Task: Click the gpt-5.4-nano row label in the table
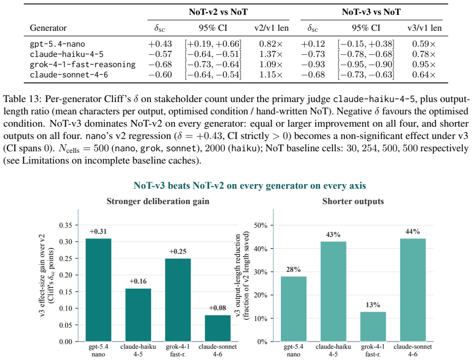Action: (x=57, y=44)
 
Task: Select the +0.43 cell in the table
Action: (x=160, y=44)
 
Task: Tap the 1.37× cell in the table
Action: (x=271, y=54)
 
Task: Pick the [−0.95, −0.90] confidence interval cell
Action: (x=365, y=65)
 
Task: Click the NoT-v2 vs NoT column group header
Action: (x=218, y=12)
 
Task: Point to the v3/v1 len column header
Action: (x=424, y=28)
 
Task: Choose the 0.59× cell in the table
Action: (x=424, y=44)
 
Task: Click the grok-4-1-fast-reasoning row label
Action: (x=83, y=65)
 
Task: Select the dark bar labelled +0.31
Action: (x=98, y=290)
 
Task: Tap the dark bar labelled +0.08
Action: (x=217, y=328)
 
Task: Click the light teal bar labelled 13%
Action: (x=373, y=327)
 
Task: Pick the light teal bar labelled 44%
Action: (x=413, y=290)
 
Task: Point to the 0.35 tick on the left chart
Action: (x=66, y=225)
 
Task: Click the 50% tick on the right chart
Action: (x=261, y=225)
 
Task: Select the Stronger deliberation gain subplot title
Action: (x=158, y=201)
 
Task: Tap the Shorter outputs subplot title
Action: (x=353, y=201)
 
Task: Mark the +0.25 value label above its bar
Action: (x=178, y=252)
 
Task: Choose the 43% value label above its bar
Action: (x=333, y=234)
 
